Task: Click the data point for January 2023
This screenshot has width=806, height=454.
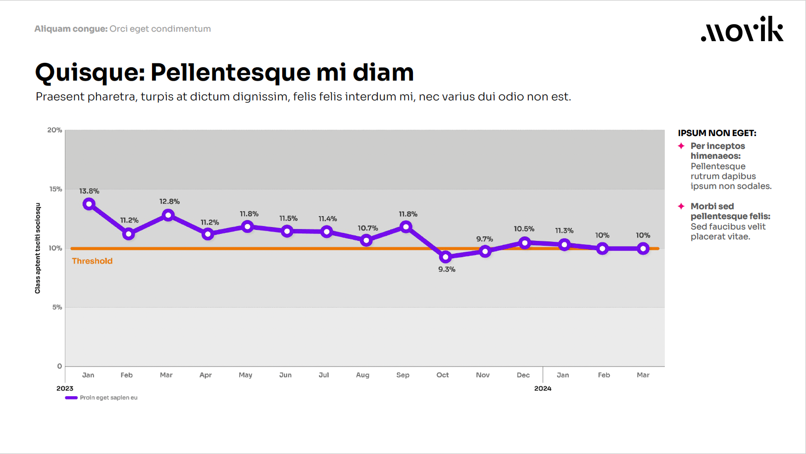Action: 89,204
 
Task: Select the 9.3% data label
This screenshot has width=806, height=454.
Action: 447,270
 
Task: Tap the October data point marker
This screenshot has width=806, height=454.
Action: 446,257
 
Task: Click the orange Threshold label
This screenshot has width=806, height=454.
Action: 92,261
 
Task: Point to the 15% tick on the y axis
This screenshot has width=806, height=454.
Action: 55,189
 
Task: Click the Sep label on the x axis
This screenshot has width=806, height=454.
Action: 403,375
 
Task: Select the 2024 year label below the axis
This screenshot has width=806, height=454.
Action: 543,389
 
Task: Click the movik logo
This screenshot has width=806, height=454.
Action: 742,29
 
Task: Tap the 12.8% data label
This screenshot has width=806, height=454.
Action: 169,202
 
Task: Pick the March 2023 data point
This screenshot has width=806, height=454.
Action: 168,215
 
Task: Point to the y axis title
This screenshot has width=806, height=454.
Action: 38,248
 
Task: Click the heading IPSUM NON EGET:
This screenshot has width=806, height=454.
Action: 717,133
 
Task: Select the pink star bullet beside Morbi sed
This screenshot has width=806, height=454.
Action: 681,206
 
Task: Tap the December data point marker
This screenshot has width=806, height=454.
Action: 525,243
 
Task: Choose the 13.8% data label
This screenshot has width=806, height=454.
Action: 89,191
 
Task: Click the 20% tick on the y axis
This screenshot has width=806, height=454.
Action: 54,130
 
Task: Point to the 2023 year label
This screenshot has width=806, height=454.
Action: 65,389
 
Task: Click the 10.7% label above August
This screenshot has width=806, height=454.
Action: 368,228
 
